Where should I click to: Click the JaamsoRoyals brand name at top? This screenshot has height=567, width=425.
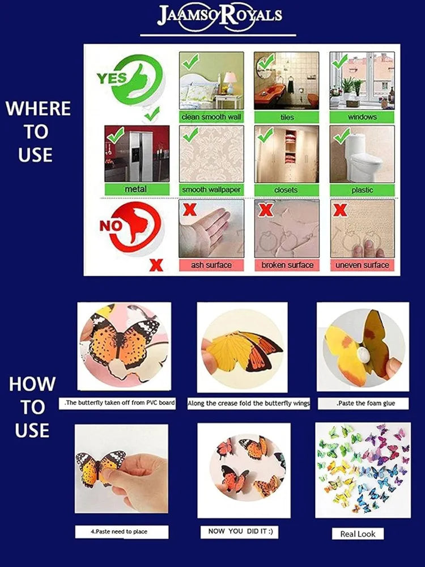click(218, 15)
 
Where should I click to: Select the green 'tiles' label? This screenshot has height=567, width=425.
click(287, 117)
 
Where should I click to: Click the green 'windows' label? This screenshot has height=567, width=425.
click(362, 117)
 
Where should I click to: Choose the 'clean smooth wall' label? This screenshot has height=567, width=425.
click(211, 117)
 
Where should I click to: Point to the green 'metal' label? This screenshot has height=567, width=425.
click(137, 189)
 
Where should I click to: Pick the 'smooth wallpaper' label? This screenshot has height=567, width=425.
click(211, 189)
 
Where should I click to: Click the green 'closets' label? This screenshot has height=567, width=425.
click(287, 189)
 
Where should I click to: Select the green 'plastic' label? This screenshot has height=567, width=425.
click(362, 189)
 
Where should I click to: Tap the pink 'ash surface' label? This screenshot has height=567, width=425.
click(211, 265)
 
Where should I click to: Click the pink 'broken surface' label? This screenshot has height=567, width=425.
click(287, 265)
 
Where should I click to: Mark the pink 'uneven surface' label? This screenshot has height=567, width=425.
click(362, 265)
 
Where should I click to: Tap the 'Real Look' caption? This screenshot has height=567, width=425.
click(358, 534)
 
